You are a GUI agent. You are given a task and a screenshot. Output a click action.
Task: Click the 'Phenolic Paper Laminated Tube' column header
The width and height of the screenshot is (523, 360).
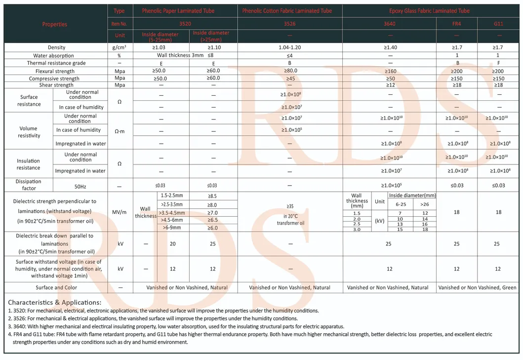point(178,11)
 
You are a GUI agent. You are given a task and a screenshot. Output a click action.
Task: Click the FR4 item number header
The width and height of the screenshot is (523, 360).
point(457,23)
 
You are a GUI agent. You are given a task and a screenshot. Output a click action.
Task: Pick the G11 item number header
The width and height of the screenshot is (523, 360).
point(498,23)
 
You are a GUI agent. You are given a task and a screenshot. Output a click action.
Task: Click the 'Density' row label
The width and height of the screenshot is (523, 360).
point(56,47)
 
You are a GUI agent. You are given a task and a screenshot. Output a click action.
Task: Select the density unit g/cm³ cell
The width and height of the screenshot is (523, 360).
point(119,47)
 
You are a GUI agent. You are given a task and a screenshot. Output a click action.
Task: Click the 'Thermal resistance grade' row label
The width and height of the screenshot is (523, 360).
point(56,63)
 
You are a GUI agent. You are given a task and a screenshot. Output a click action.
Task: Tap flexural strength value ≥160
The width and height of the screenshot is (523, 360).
point(390,71)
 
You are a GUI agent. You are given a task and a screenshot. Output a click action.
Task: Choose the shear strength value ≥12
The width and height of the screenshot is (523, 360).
point(390,85)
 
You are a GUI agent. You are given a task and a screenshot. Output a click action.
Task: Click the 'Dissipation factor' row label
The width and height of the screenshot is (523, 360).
point(28,185)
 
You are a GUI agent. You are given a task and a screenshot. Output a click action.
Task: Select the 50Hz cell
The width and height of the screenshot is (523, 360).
point(80,185)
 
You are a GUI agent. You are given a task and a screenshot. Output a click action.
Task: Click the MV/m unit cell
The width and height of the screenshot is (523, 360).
point(119,212)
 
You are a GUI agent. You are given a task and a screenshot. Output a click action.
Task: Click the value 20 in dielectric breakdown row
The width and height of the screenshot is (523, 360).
point(172,244)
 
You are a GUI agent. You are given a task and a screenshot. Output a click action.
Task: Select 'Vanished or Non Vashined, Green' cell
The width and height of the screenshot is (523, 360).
point(477,287)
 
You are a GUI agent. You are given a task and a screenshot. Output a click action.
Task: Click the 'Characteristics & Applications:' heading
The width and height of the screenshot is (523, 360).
point(55,302)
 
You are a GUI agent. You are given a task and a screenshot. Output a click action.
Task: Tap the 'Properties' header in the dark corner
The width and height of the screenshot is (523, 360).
point(55,24)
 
